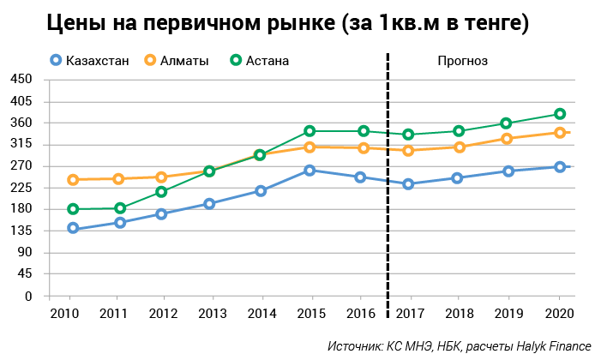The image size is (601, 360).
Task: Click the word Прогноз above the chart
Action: coord(462,60)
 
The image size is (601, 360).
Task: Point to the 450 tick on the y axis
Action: coord(21,80)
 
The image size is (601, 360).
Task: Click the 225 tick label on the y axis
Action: coord(21,188)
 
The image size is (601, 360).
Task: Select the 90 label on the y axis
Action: coord(24,253)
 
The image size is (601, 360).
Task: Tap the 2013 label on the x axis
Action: coord(212,313)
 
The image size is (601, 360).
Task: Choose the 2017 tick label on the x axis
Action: coord(409,313)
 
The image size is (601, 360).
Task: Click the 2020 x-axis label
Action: coord(560,313)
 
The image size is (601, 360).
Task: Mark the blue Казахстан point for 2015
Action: coord(310,171)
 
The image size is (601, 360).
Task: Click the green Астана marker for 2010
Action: coord(73,209)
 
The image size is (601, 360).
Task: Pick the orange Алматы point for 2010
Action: coord(73,180)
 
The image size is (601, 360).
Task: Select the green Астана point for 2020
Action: coord(560,114)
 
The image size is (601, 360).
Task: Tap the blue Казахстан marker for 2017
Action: coord(409,184)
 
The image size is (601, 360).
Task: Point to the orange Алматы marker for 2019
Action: coord(508,139)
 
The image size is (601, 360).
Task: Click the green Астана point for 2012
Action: coord(161,192)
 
